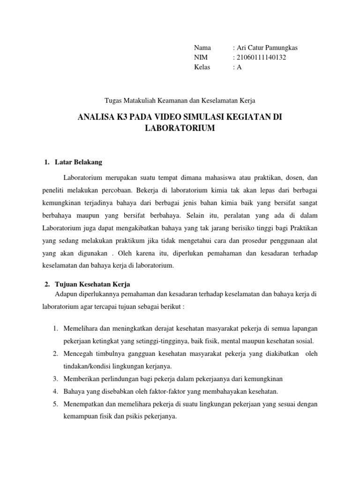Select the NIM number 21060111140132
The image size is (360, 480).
[262, 57]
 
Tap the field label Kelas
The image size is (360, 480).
[202, 67]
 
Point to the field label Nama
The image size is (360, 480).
[202, 48]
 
